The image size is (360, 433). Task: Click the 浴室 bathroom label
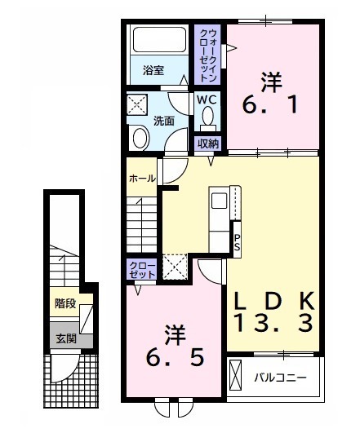point(151,71)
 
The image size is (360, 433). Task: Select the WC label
point(207,100)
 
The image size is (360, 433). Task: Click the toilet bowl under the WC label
point(207,119)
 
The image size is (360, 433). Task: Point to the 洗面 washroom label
point(164,121)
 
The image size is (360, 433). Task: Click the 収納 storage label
point(208,144)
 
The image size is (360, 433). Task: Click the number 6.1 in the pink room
point(271,95)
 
